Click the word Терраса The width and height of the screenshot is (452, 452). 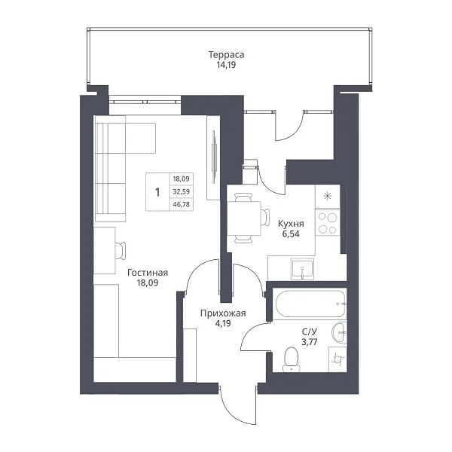(x=226, y=55)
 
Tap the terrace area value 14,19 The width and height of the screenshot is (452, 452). (x=226, y=65)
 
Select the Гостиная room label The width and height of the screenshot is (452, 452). (x=148, y=273)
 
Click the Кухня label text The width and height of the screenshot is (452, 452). (x=291, y=224)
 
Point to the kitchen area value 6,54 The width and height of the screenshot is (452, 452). (x=291, y=234)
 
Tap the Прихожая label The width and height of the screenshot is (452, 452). (x=223, y=313)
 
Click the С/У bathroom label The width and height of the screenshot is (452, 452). (x=310, y=331)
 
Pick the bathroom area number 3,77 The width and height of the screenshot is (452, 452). (x=310, y=342)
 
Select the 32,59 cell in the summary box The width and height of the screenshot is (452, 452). (x=181, y=191)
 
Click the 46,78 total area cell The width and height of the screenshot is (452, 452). (x=181, y=204)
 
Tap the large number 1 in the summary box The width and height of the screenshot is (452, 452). (x=157, y=192)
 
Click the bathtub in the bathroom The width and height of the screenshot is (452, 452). (x=310, y=304)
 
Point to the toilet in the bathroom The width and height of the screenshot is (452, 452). (x=291, y=359)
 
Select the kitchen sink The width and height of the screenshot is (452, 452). (x=302, y=269)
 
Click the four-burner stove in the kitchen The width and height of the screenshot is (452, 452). (x=328, y=222)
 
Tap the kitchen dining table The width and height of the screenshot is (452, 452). (x=244, y=218)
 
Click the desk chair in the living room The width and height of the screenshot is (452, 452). (x=121, y=251)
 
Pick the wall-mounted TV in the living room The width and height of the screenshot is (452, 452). (x=214, y=157)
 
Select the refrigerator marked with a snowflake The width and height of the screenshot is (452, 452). (x=328, y=197)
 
